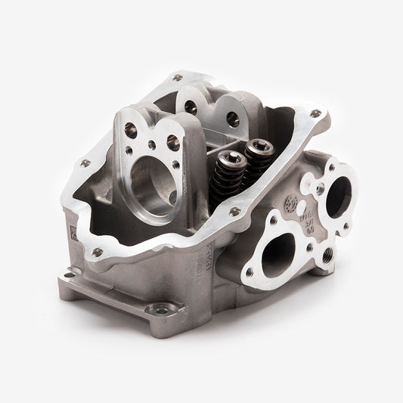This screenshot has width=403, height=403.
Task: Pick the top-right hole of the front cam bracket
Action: [x=172, y=140]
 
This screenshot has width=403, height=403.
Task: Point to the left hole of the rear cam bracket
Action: [x=191, y=108]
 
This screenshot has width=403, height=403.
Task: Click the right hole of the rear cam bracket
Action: [x=233, y=119]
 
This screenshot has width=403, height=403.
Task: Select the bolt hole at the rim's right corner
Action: [x=315, y=114]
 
